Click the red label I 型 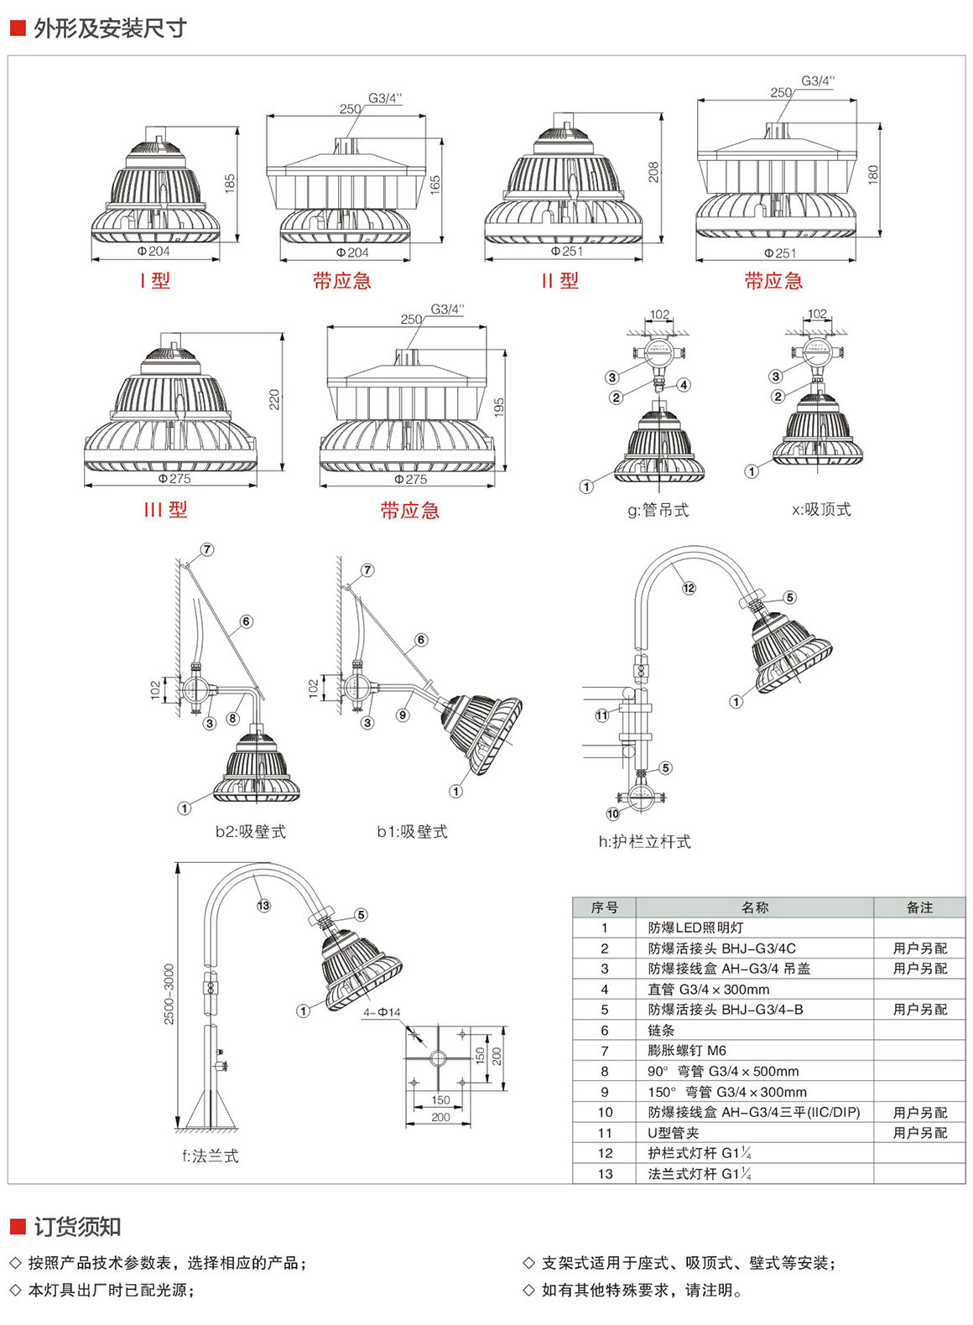(x=155, y=281)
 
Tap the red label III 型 (x=165, y=510)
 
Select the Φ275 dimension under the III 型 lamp (x=174, y=479)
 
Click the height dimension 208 (x=653, y=172)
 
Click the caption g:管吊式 (x=658, y=510)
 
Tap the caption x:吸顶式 (x=820, y=509)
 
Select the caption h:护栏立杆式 (x=644, y=841)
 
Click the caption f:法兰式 (x=210, y=1156)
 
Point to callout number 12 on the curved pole (x=689, y=588)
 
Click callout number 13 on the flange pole (x=263, y=905)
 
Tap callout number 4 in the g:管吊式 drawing (x=684, y=385)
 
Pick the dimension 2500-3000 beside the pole (x=169, y=994)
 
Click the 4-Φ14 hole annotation (x=382, y=1012)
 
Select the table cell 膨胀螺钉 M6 (x=687, y=1051)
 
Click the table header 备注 (x=919, y=907)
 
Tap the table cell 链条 (x=661, y=1031)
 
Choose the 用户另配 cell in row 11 (x=919, y=1133)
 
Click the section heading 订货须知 (x=77, y=1227)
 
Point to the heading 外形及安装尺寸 (x=110, y=29)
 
